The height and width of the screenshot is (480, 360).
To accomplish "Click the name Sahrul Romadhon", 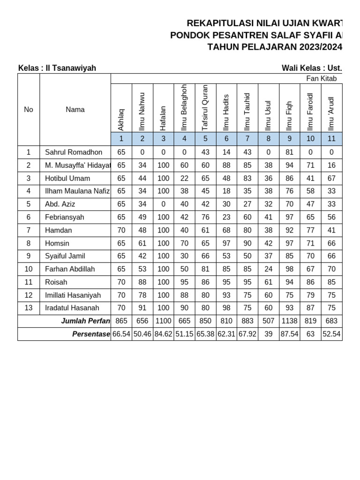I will (x=74, y=152).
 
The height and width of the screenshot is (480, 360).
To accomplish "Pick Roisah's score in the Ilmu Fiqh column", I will (x=289, y=282).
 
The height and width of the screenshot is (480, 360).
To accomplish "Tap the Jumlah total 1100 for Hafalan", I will (x=163, y=321).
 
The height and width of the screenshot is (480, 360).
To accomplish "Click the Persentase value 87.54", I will (x=289, y=334).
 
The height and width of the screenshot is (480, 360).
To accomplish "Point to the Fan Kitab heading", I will (x=321, y=79).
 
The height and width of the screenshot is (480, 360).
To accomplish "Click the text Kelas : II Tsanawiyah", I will (x=57, y=68).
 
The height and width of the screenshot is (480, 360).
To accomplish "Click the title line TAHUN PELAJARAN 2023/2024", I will (x=275, y=47).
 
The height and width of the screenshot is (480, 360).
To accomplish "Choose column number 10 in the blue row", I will (x=310, y=139).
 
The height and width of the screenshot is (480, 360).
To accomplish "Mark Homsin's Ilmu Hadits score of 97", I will (x=226, y=243).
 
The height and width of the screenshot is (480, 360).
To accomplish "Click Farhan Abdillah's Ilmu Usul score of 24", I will (x=268, y=269).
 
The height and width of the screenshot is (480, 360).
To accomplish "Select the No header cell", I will (x=29, y=110).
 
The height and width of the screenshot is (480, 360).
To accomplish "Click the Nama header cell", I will (x=75, y=110).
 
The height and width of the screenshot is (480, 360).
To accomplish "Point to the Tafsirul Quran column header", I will (x=205, y=108).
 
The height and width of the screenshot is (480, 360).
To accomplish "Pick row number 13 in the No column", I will (x=29, y=308).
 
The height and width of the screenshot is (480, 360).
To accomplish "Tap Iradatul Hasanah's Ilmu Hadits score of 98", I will (x=226, y=308).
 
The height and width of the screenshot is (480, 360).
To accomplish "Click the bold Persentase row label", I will (x=91, y=334).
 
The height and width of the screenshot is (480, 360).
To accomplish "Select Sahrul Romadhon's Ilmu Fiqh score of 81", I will (x=289, y=152).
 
